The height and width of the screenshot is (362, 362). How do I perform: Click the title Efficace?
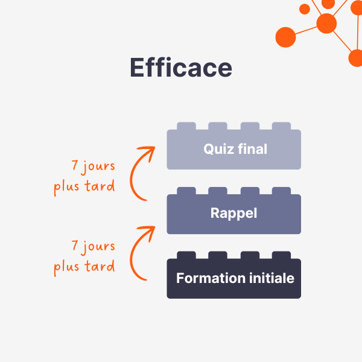pos(181,68)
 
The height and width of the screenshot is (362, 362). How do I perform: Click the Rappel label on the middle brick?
pos(233,213)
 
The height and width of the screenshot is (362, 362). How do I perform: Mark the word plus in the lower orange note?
pos(66,267)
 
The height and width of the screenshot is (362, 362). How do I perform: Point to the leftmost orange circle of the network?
pos(285,37)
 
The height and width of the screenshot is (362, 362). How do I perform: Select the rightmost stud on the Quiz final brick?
pos(281,127)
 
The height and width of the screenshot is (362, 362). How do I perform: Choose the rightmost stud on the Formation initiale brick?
pos(281,255)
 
